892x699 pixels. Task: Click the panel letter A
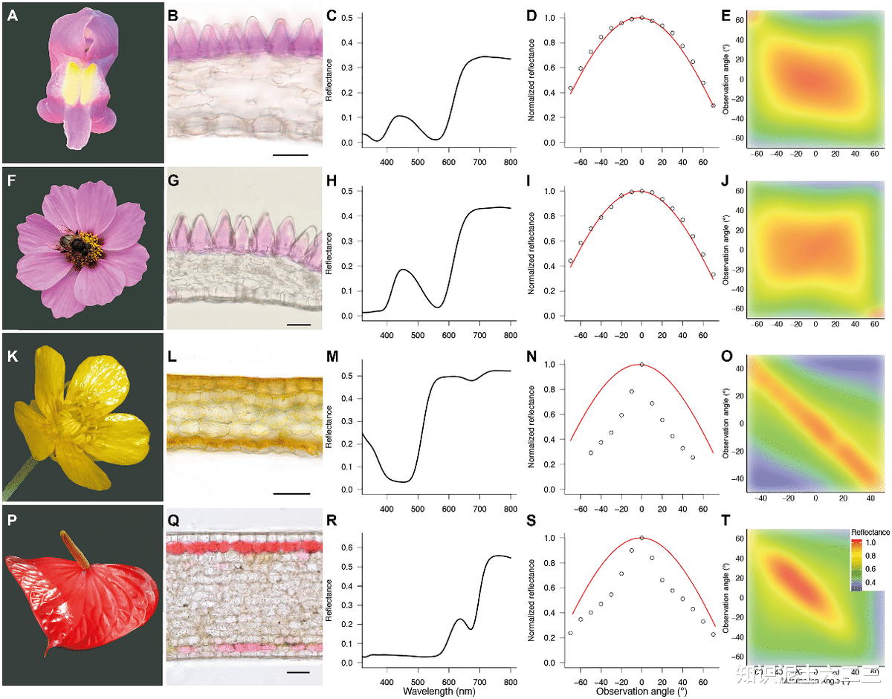click(12, 15)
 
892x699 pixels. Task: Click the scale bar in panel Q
click(297, 672)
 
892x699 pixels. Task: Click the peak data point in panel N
click(641, 365)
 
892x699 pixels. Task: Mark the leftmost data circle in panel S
click(570, 633)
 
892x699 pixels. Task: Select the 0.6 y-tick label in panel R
click(348, 547)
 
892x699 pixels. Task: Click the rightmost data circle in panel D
click(713, 105)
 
